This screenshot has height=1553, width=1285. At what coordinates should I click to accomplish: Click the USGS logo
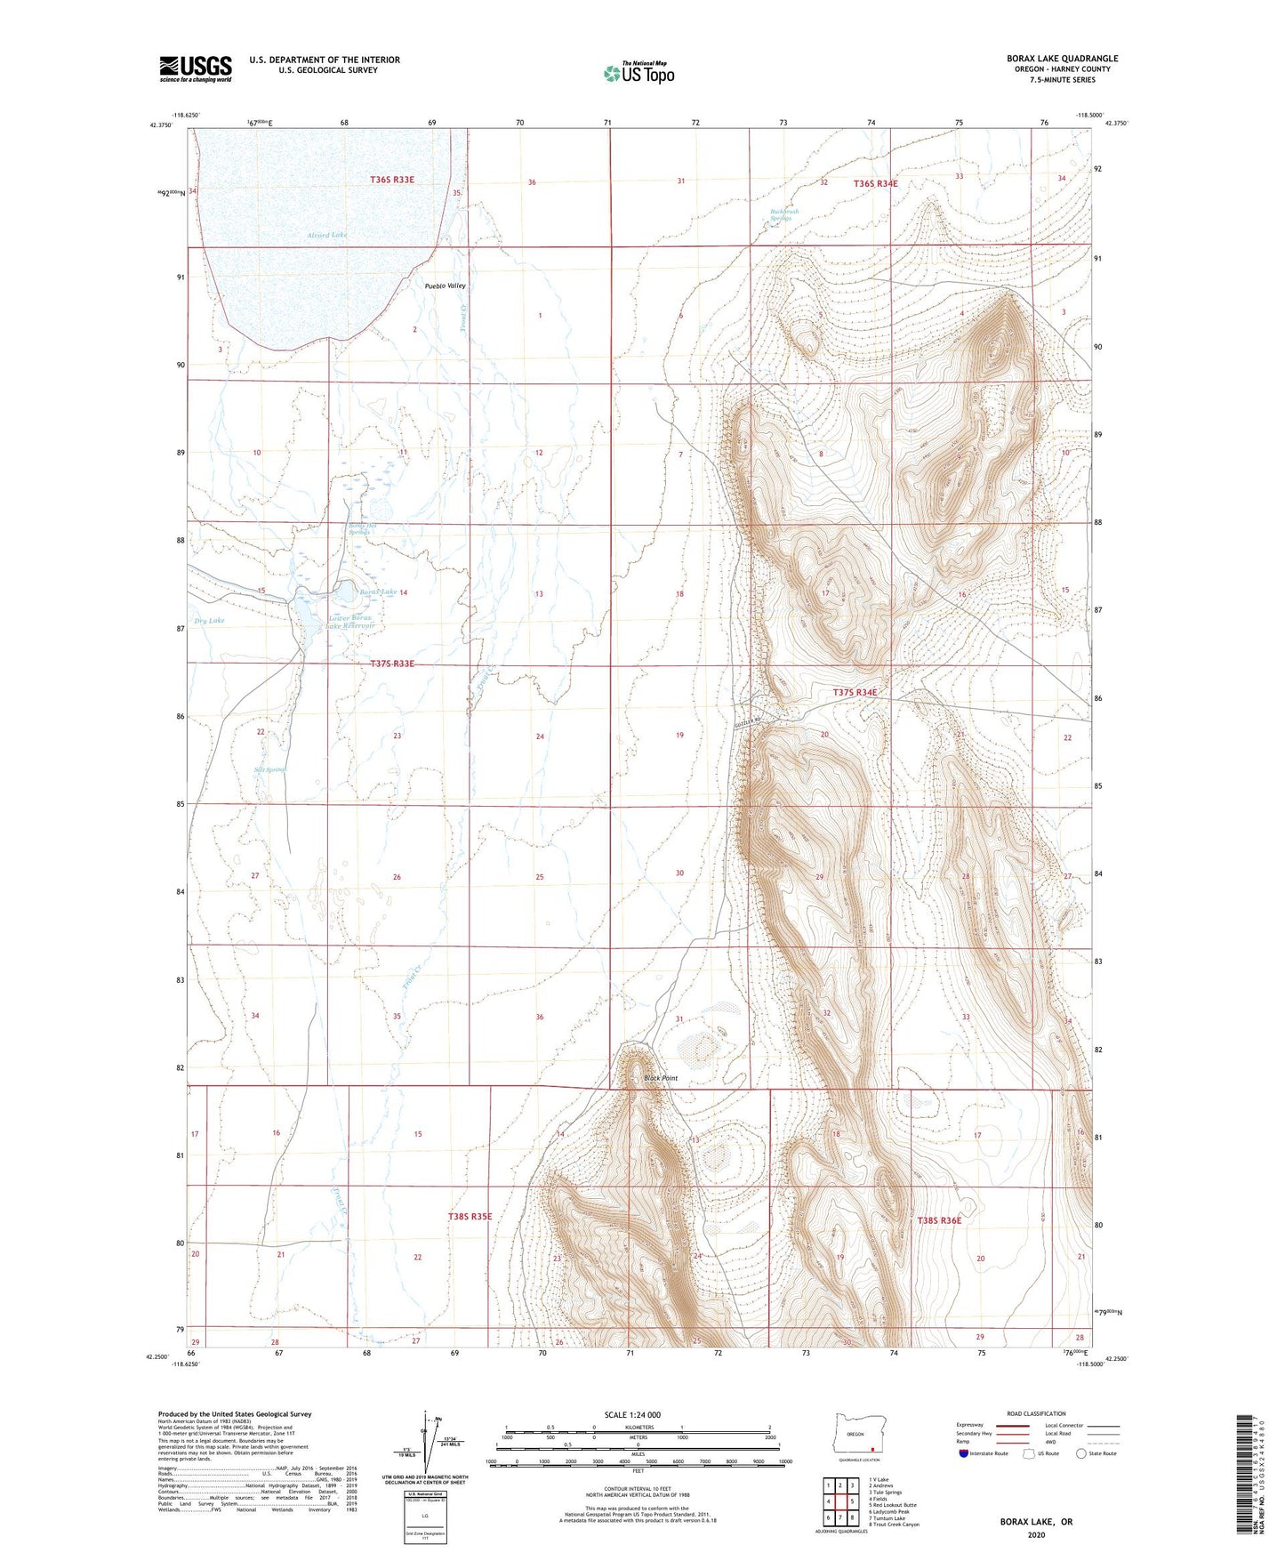(195, 68)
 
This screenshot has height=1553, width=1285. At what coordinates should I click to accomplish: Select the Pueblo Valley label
(445, 286)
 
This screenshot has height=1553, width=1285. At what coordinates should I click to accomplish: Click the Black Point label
(661, 1078)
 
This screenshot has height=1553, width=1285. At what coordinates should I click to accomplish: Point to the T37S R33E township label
(392, 664)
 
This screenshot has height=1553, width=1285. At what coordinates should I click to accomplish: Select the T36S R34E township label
(875, 183)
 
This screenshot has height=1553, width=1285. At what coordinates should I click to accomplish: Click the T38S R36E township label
(939, 1220)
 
